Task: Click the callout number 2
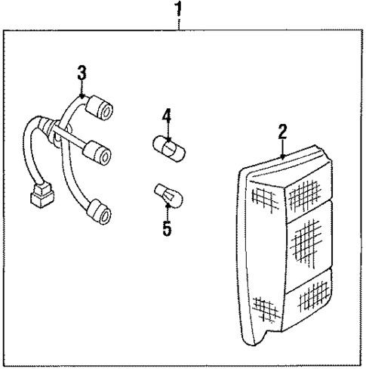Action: pos(282,132)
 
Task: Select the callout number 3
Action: pos(82,73)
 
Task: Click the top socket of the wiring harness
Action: pos(100,109)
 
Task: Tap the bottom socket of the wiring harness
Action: pos(100,214)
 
